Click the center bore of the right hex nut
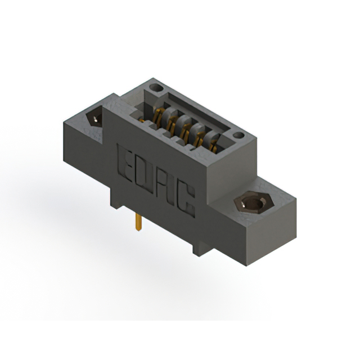[x=251, y=202]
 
